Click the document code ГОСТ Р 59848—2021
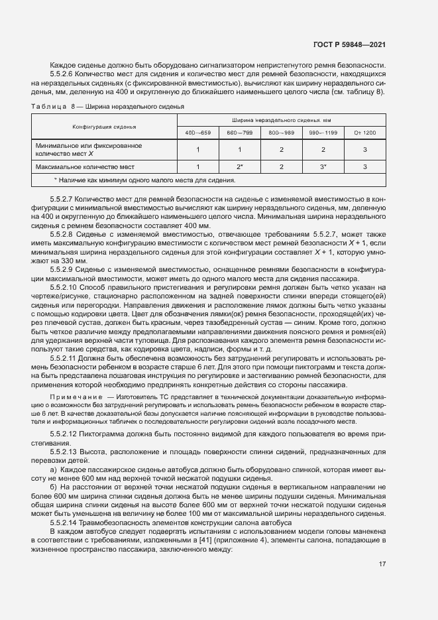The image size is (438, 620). click(349, 45)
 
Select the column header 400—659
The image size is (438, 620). click(198, 133)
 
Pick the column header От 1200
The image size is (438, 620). click(365, 133)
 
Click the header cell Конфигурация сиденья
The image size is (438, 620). click(104, 126)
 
